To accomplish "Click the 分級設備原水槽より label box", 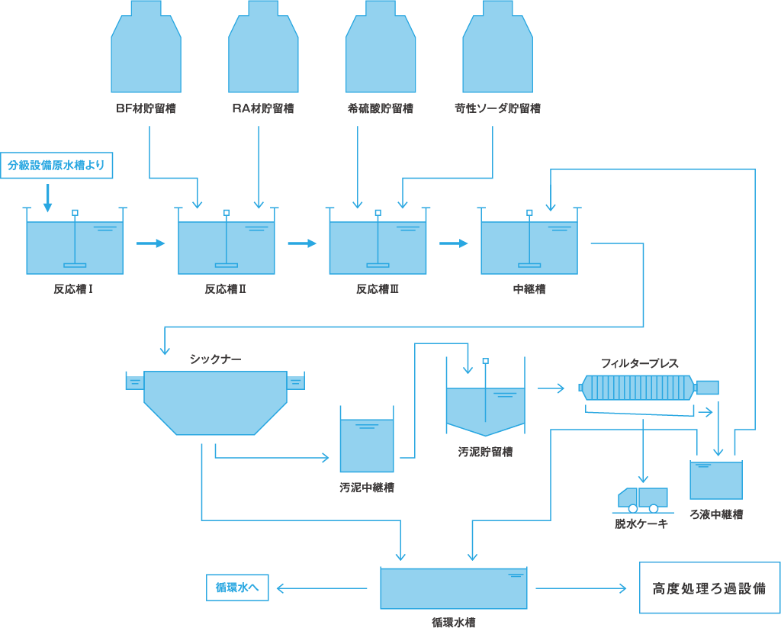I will click(56, 165).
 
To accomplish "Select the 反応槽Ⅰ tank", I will click(75, 247).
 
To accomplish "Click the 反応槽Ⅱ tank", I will click(227, 247).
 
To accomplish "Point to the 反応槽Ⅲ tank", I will click(378, 247).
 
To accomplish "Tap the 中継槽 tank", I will click(529, 247).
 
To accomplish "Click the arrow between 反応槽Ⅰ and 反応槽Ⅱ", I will click(151, 243).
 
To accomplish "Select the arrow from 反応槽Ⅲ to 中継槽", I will click(454, 243).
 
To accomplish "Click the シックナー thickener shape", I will click(215, 401).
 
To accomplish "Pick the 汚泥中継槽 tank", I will click(367, 445).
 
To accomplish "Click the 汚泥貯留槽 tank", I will click(485, 408).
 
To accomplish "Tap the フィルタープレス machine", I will click(639, 387).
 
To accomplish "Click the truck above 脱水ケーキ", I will click(643, 498).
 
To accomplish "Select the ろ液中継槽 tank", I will click(716, 480).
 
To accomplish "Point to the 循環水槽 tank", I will click(454, 588).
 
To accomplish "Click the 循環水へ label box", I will click(237, 588).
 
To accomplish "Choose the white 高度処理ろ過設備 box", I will click(709, 588).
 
